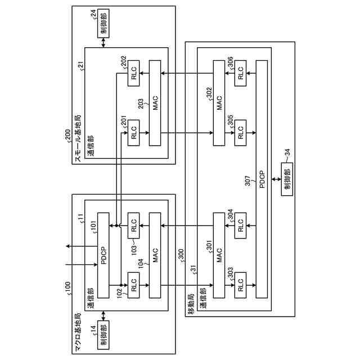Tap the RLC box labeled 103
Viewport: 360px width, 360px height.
[133, 225]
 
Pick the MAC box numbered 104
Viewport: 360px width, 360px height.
[155, 255]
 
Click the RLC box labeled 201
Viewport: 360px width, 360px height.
[133, 133]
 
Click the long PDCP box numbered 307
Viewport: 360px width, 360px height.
[262, 179]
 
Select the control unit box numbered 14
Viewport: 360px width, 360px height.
[103, 335]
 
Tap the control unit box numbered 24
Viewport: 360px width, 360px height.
[103, 24]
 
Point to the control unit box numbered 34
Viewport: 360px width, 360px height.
[287, 179]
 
